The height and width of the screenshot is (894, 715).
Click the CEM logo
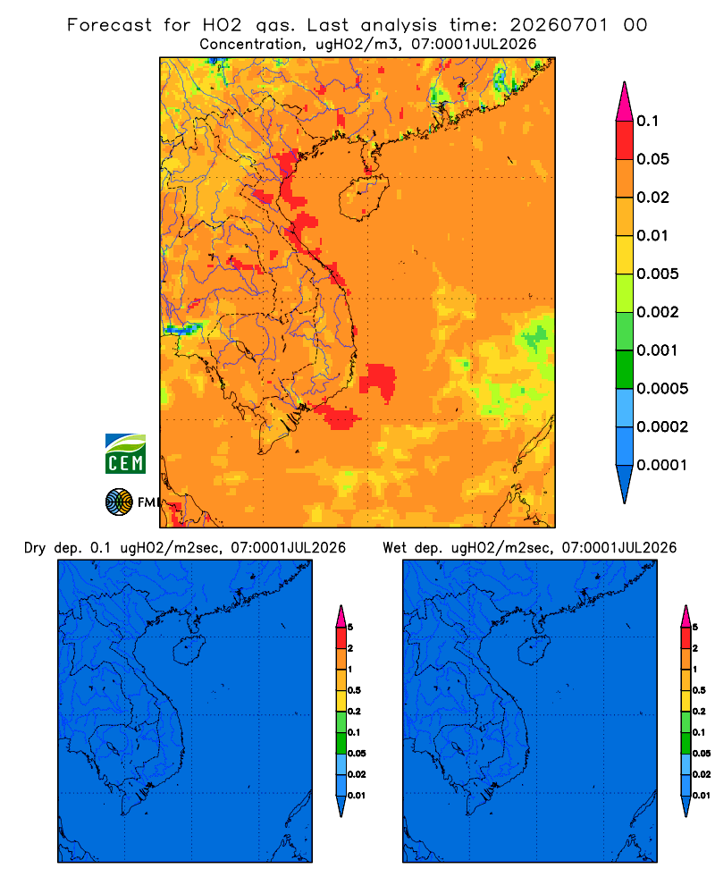(x=125, y=453)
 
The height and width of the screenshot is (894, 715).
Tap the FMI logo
(x=131, y=502)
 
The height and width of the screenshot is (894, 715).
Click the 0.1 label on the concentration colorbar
(x=647, y=121)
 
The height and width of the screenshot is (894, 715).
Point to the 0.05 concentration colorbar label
(x=652, y=159)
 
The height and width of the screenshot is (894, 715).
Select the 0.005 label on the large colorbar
(x=658, y=274)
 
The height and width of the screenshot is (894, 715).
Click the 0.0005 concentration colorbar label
(x=662, y=389)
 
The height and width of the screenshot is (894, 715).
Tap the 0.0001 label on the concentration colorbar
(x=662, y=465)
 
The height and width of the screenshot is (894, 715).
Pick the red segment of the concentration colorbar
(x=625, y=140)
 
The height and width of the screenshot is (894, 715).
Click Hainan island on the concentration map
(x=364, y=197)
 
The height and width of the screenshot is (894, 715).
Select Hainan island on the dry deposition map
(x=189, y=650)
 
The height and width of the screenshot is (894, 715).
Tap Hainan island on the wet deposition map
(x=534, y=650)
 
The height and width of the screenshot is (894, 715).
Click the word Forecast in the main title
(x=109, y=25)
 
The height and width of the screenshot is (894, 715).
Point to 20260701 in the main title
(x=559, y=25)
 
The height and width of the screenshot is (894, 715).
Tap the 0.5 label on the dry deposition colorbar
(x=354, y=690)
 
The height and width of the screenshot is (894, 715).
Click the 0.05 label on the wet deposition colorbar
(x=702, y=753)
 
